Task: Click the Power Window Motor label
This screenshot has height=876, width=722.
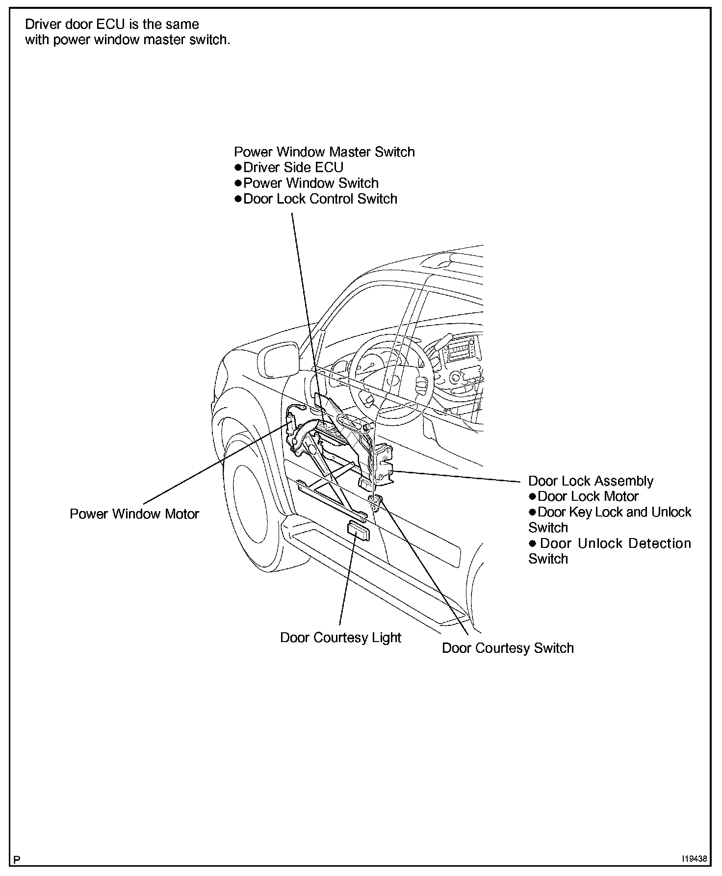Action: coord(134,514)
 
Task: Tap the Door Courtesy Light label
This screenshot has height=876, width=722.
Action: coord(340,638)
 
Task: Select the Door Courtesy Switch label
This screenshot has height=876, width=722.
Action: coord(508,648)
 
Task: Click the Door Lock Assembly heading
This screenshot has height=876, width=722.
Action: coord(591,481)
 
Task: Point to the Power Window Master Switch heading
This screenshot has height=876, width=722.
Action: coord(324,152)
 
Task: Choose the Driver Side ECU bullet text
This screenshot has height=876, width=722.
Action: coord(293,168)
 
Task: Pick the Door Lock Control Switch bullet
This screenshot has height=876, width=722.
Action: coord(320,199)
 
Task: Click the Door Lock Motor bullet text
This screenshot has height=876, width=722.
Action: coord(588,496)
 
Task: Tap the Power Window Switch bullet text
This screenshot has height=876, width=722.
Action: coord(310,183)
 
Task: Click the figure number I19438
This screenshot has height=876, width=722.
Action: coord(693,859)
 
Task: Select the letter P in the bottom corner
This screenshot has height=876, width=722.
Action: coord(17,860)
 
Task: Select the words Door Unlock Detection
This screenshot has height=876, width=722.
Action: coord(615,543)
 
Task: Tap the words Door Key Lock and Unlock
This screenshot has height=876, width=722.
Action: coord(614,512)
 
